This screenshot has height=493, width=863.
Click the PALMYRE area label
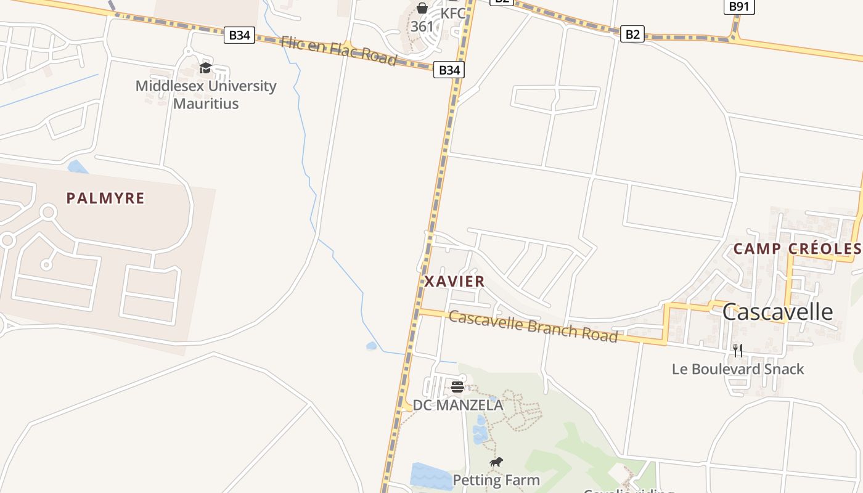click(x=105, y=198)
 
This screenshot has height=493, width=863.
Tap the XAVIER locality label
click(x=454, y=282)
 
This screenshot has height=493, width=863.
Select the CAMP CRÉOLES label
click(x=796, y=249)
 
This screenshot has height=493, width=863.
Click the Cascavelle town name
click(x=777, y=312)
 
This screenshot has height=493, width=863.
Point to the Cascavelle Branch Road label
click(x=533, y=326)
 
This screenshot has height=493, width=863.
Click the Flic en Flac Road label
click(x=338, y=50)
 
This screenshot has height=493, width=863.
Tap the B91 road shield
click(x=738, y=7)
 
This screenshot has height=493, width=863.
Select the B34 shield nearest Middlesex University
click(x=239, y=35)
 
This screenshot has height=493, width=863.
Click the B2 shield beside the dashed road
click(x=632, y=35)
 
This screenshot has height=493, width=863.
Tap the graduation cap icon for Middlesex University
click(x=205, y=68)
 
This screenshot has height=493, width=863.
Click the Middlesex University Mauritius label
click(x=206, y=94)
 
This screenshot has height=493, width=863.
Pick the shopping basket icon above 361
click(x=422, y=8)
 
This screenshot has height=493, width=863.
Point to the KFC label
click(x=452, y=13)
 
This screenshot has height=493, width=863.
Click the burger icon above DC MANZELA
click(x=457, y=387)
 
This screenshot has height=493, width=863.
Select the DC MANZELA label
click(x=458, y=405)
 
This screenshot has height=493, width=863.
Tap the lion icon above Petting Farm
click(x=496, y=462)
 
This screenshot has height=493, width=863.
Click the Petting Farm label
click(x=496, y=480)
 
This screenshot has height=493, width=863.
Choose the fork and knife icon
click(x=738, y=351)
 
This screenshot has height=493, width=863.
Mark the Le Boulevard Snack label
click(x=738, y=369)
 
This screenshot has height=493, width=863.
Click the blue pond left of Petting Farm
click(x=431, y=475)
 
